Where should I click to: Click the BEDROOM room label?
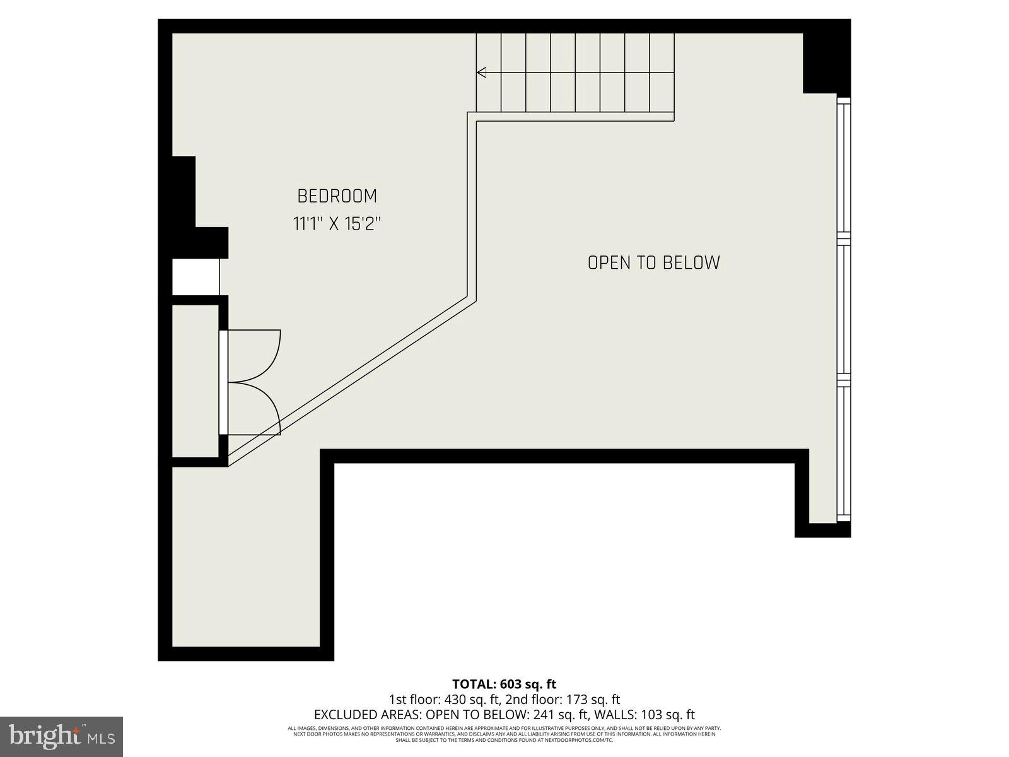point(337,196)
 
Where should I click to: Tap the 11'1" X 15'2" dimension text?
point(337,224)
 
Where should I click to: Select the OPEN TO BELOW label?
point(653,262)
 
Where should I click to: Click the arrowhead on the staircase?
point(481,73)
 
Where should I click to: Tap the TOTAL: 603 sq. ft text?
point(504,684)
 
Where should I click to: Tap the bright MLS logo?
point(62,736)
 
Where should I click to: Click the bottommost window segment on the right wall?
point(843,451)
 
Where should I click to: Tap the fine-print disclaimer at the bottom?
point(504,733)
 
